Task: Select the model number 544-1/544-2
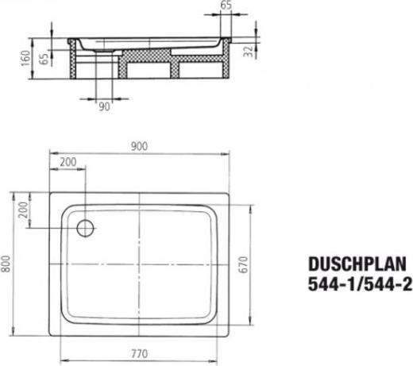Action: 357,284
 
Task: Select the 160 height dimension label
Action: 25,59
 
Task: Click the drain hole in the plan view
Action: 84,227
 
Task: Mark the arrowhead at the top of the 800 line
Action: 16,192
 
